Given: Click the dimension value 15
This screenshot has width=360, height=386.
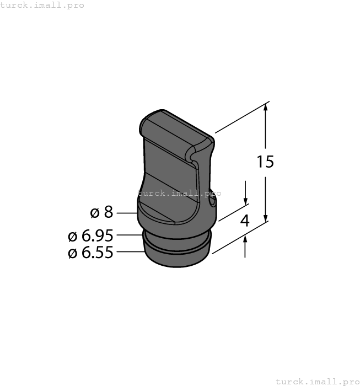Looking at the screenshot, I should click(265, 162).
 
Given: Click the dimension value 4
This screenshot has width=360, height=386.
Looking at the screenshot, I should click(245, 221).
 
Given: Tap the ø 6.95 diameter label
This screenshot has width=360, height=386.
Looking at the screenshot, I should click(90, 236).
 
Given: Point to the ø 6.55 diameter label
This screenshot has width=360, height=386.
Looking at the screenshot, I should click(90, 253).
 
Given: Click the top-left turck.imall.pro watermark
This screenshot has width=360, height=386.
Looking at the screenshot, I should click(42, 5).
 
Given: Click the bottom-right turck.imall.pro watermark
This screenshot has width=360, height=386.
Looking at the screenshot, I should click(316, 381).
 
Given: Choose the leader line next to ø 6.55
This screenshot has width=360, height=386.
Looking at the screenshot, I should click(130, 252).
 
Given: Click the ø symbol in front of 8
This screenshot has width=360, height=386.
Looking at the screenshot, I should click(94, 212).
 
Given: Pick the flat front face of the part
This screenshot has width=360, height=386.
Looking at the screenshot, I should click(168, 182).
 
